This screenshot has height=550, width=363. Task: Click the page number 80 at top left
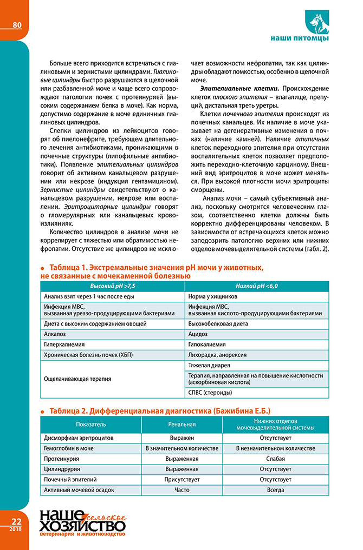tap(16, 24)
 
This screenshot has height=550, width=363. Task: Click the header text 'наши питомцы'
tap(300, 39)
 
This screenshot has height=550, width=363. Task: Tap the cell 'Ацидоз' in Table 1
tap(199, 334)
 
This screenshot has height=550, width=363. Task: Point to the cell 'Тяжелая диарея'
tap(209, 365)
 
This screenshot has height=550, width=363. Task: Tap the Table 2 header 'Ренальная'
tap(182, 425)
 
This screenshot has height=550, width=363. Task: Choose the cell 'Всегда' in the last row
tap(275, 490)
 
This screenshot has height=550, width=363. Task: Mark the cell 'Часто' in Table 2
tap(182, 490)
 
